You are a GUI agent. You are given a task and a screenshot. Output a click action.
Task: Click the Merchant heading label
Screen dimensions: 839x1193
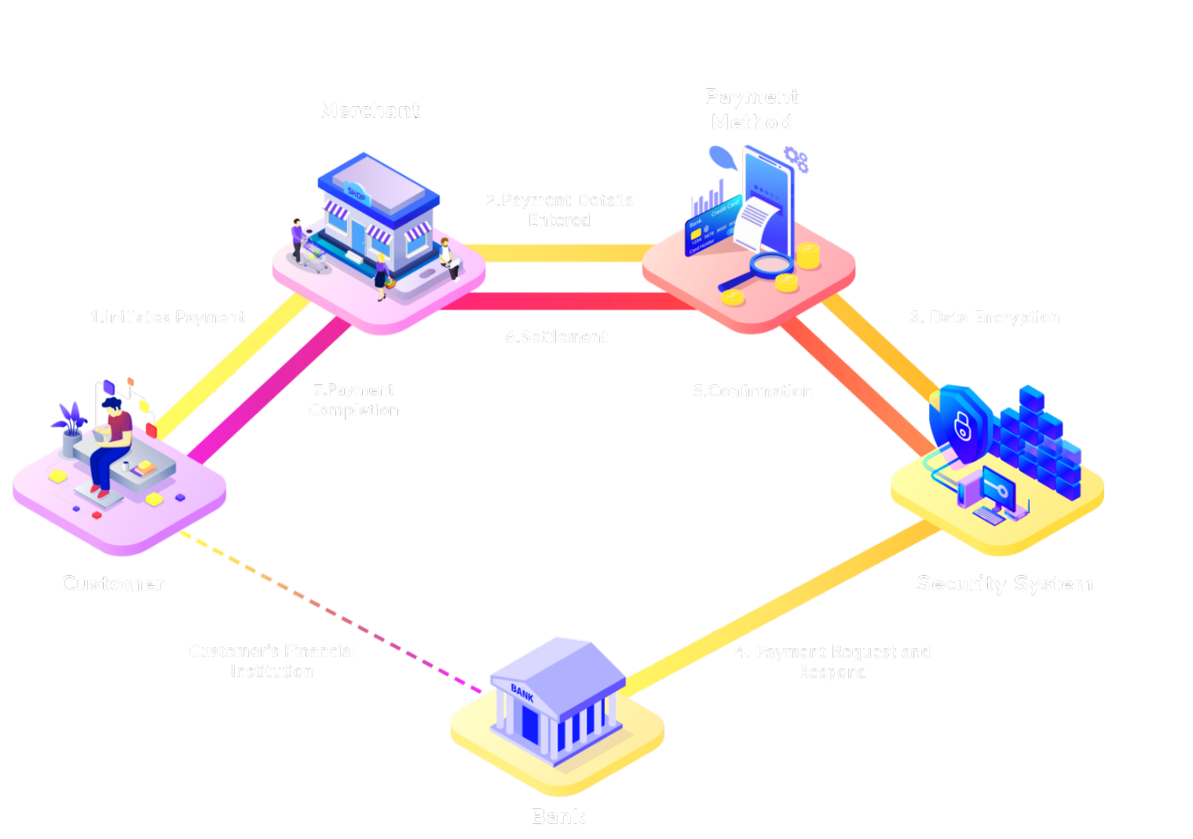point(370,111)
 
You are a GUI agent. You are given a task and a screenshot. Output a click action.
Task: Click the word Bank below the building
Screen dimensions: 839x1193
point(558,817)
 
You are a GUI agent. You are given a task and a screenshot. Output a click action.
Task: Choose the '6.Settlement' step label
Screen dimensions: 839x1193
point(557,337)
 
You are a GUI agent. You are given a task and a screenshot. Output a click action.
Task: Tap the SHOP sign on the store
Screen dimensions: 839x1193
point(357,193)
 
